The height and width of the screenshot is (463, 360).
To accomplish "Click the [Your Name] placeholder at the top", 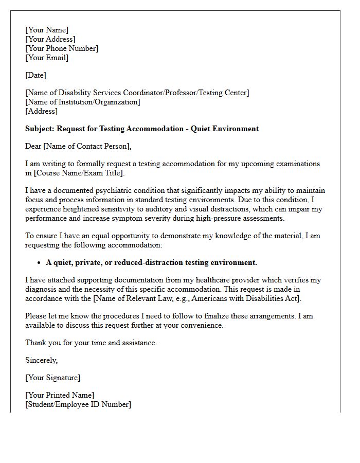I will point(47,30).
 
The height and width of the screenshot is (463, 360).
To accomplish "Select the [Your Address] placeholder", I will point(50,39).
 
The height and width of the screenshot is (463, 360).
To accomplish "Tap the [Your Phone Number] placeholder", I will point(62,48).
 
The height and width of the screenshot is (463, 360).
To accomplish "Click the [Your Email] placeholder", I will point(47,58).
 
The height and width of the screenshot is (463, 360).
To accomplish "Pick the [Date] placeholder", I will point(35,75).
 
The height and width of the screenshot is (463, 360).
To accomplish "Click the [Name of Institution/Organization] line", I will point(82,102).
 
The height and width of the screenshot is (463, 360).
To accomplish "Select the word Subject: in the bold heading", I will point(40,129).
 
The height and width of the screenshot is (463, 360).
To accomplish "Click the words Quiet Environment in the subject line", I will point(225,129).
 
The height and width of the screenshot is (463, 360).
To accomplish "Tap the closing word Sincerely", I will point(41,360).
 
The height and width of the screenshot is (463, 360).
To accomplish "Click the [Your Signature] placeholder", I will point(52,378).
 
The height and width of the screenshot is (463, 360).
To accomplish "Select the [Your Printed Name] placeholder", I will point(60,395).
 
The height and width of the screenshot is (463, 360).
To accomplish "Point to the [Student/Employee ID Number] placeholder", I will point(78,404).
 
